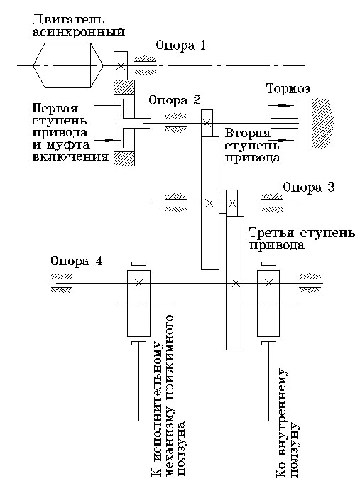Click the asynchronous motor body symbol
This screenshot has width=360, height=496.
pyautogui.click(x=68, y=65)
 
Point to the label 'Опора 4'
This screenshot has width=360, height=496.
pyautogui.click(x=76, y=261)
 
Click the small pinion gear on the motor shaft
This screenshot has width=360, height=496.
pyautogui.click(x=121, y=65)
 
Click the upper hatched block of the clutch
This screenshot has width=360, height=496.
pyautogui.click(x=124, y=87)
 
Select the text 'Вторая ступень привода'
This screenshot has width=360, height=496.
pyautogui.click(x=252, y=145)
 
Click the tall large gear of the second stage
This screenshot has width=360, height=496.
pyautogui.click(x=209, y=203)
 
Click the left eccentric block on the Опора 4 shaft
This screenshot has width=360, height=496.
pyautogui.click(x=138, y=302)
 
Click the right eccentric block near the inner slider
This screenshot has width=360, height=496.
pyautogui.click(x=268, y=302)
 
